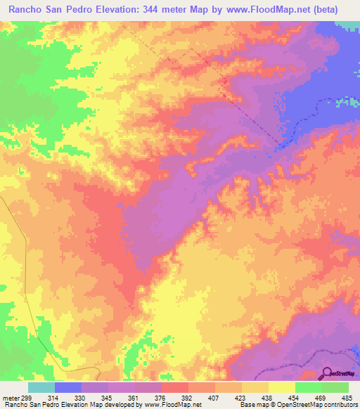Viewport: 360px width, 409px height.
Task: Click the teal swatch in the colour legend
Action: [x=41, y=387]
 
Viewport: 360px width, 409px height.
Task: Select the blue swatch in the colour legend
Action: [x=67, y=387]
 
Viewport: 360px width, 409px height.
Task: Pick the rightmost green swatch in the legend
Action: [x=335, y=387]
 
